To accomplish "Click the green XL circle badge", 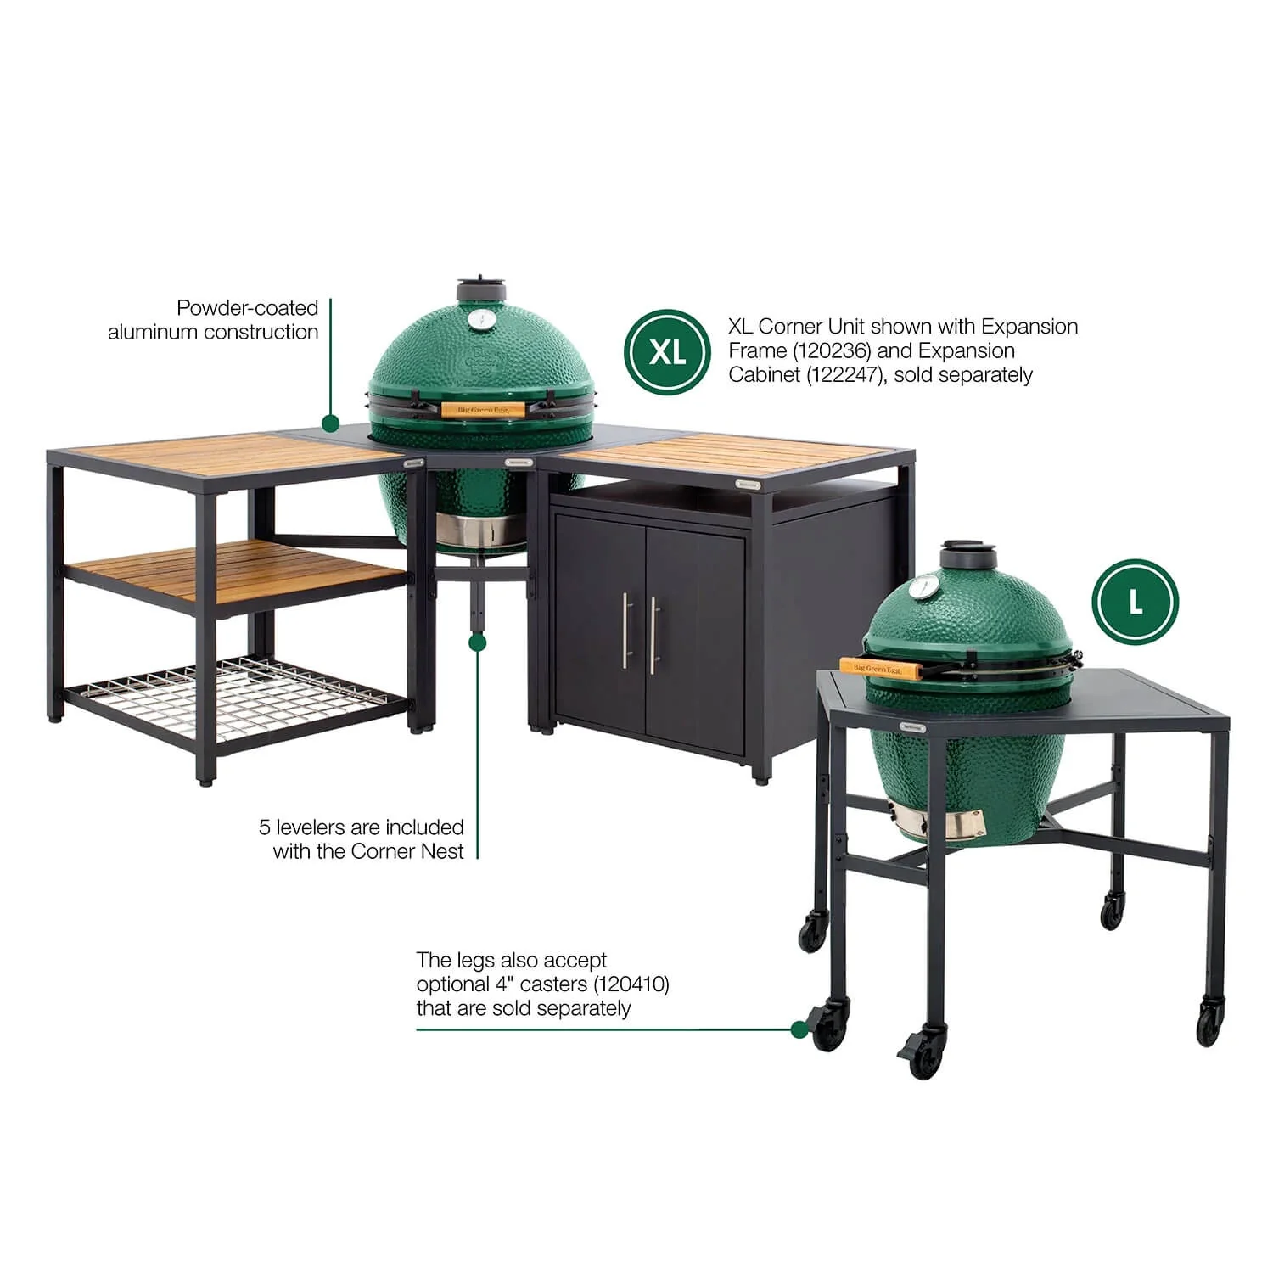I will [x=666, y=351].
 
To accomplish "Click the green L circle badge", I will [x=1135, y=602].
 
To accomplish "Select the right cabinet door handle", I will [x=653, y=635].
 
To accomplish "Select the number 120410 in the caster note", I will [x=631, y=984].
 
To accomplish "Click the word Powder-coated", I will [x=247, y=308].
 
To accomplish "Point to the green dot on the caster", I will [x=799, y=1029].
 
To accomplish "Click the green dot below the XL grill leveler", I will [x=478, y=642].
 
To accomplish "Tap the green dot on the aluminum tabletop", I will [x=330, y=423].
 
